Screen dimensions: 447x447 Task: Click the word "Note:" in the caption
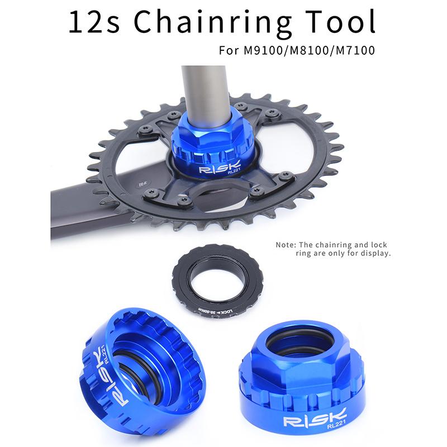[x=287, y=245]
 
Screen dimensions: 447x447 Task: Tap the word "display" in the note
[x=375, y=253]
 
